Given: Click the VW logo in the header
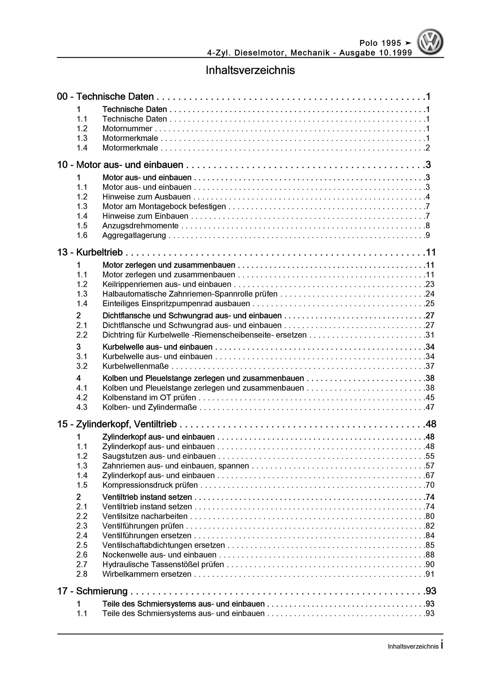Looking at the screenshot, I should [x=430, y=42].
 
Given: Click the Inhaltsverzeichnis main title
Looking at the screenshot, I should [x=250, y=70].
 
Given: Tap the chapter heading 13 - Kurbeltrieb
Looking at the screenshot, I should [x=90, y=252].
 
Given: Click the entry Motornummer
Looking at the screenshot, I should [x=127, y=129].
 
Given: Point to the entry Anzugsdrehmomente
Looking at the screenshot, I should [x=140, y=226].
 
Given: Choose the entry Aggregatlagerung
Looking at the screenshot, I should [x=134, y=236].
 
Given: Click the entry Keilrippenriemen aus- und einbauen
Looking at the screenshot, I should [x=167, y=284].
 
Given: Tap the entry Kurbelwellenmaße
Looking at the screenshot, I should [x=136, y=366].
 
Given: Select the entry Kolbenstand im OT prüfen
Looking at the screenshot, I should [x=149, y=398].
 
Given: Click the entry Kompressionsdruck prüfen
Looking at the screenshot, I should [x=150, y=485].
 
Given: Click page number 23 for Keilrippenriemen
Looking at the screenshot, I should [x=430, y=284].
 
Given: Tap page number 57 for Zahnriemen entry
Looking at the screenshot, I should [x=430, y=466].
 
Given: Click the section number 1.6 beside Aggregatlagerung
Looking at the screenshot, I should [x=82, y=236].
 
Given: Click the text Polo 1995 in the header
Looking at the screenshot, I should [x=380, y=43].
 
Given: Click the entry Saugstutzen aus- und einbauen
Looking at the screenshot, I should [x=159, y=456].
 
